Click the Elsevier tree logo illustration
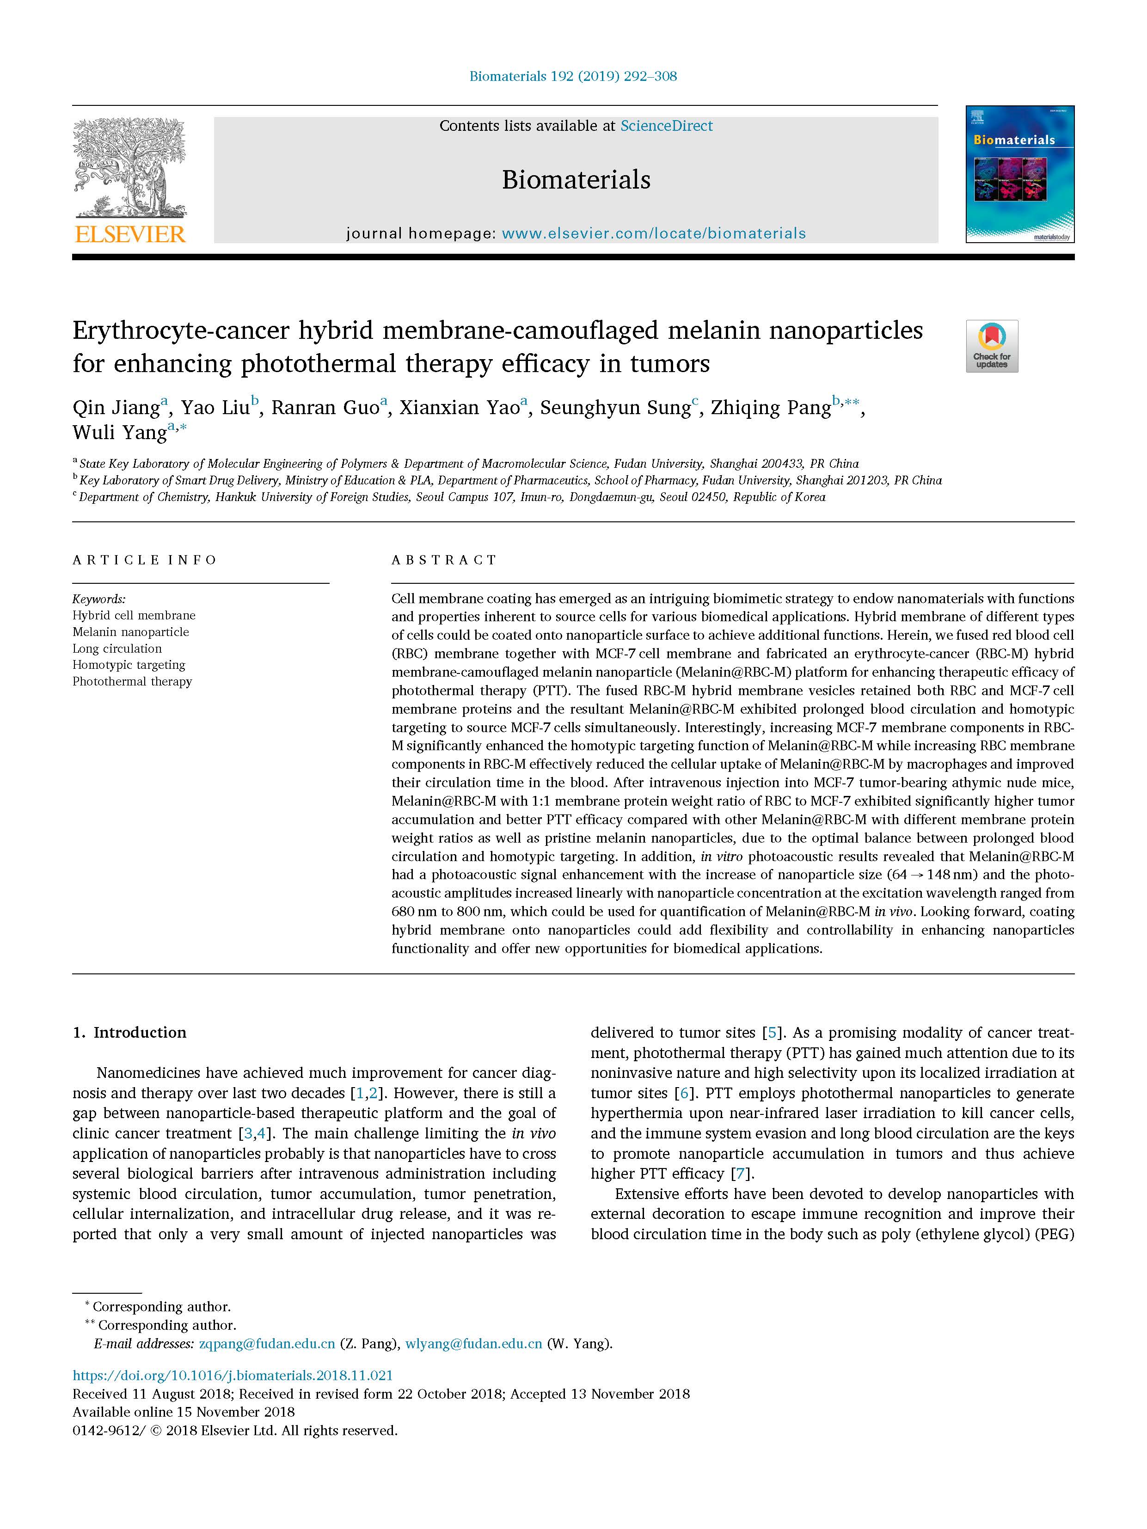point(129,168)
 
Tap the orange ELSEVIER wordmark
point(130,235)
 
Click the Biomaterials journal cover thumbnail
point(1020,174)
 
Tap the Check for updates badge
point(992,346)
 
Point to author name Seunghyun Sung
point(614,408)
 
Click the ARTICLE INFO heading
point(145,560)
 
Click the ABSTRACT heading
point(444,560)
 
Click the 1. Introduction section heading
point(129,1033)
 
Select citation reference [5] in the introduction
point(772,1033)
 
